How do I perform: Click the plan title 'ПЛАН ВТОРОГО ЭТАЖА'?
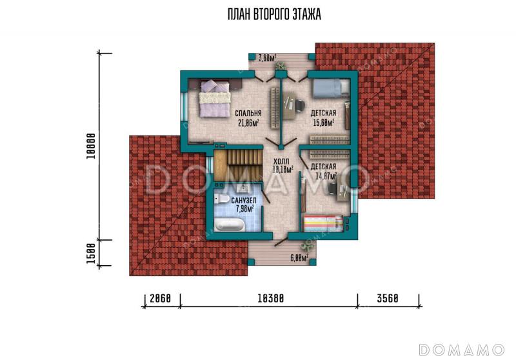click(x=274, y=14)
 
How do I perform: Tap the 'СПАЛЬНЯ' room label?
click(x=248, y=114)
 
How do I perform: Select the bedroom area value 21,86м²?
click(x=248, y=123)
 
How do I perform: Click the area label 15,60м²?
click(x=324, y=123)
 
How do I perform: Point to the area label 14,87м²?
click(x=326, y=176)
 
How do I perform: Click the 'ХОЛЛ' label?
click(x=281, y=161)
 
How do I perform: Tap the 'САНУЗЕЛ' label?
click(x=244, y=201)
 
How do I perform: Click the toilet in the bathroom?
click(x=221, y=199)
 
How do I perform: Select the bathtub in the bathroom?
click(x=230, y=225)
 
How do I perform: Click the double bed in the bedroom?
click(x=215, y=99)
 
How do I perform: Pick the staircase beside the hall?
click(x=237, y=166)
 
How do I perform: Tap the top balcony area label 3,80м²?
click(x=267, y=58)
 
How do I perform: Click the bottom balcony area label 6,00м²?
click(x=299, y=258)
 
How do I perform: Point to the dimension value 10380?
click(x=270, y=299)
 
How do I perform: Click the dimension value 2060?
click(x=160, y=299)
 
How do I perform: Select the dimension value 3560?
click(x=388, y=299)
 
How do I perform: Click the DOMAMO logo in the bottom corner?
click(x=462, y=350)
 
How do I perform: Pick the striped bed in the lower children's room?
click(x=323, y=223)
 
